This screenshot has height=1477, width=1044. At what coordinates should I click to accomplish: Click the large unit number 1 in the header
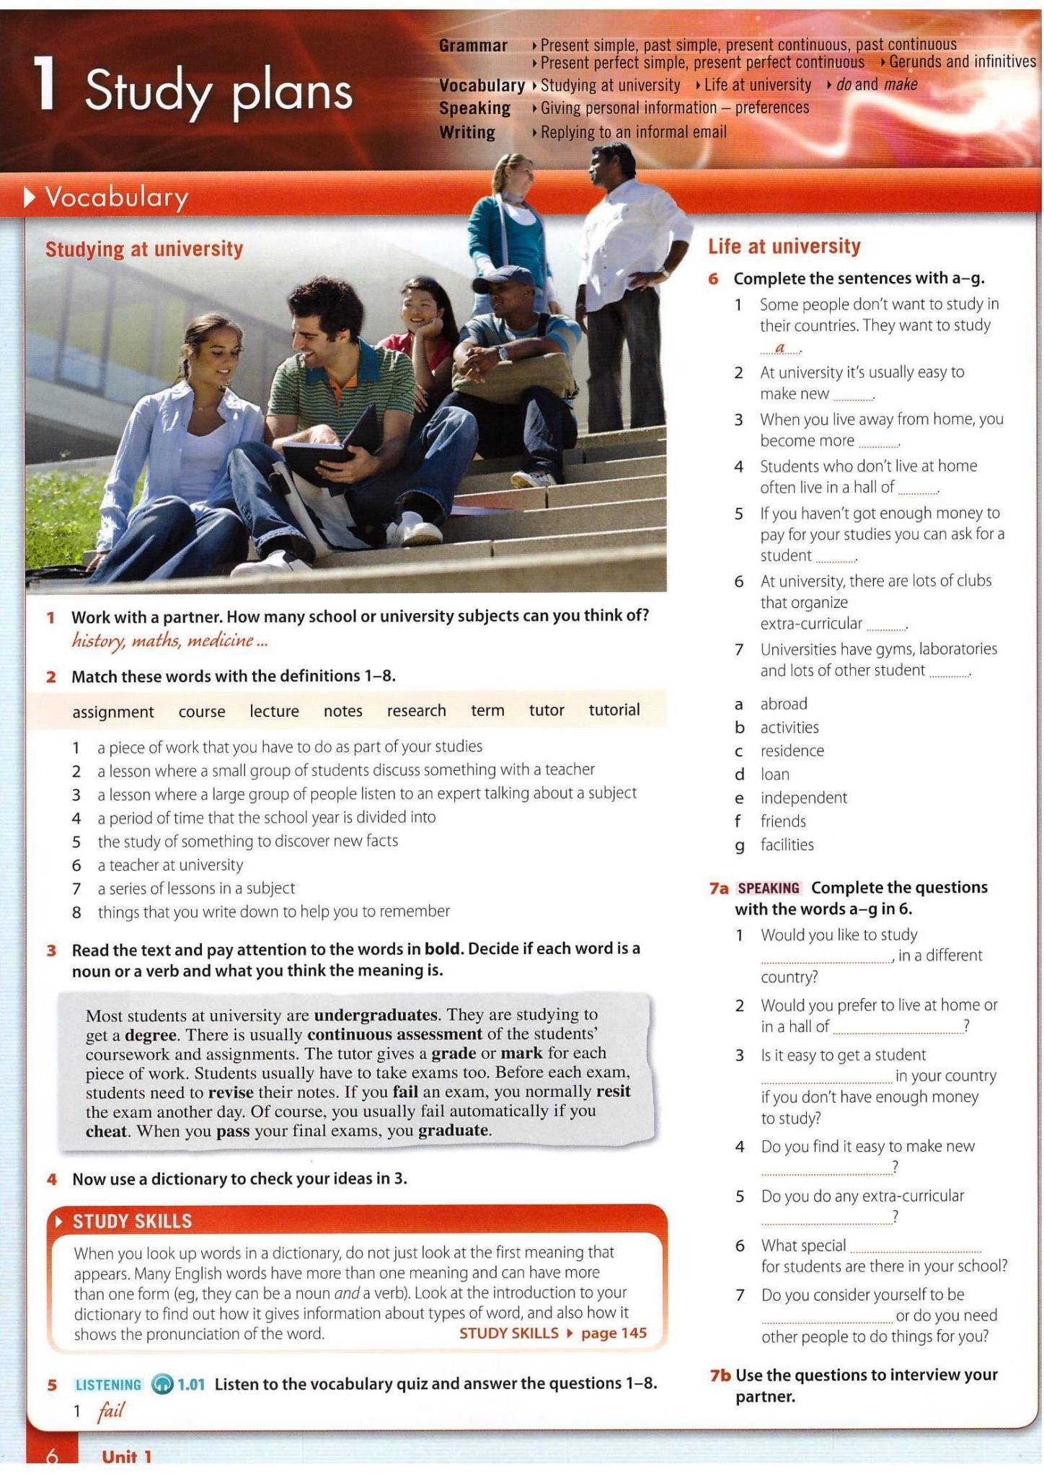[45, 84]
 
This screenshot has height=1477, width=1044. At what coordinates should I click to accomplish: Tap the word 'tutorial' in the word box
[614, 710]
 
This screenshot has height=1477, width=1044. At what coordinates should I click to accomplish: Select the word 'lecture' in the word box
[274, 711]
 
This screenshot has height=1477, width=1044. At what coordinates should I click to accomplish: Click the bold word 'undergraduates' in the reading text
[376, 1015]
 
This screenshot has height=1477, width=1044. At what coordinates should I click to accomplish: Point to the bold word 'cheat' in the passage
[106, 1131]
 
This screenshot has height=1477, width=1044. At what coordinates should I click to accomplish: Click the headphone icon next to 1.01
[162, 1384]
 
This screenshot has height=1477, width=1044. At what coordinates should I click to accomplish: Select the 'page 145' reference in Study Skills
[614, 1333]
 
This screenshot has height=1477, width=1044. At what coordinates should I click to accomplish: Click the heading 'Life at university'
[784, 247]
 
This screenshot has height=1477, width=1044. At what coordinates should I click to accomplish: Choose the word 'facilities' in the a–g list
[787, 845]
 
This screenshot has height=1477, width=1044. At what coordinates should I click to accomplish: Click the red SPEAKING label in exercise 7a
[769, 888]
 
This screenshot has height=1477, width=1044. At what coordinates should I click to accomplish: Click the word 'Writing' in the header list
[467, 133]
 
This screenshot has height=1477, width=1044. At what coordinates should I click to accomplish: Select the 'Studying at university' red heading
[144, 250]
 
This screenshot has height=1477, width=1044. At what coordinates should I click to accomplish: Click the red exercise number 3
[52, 950]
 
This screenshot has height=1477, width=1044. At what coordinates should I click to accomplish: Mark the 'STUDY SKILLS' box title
[132, 1220]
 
